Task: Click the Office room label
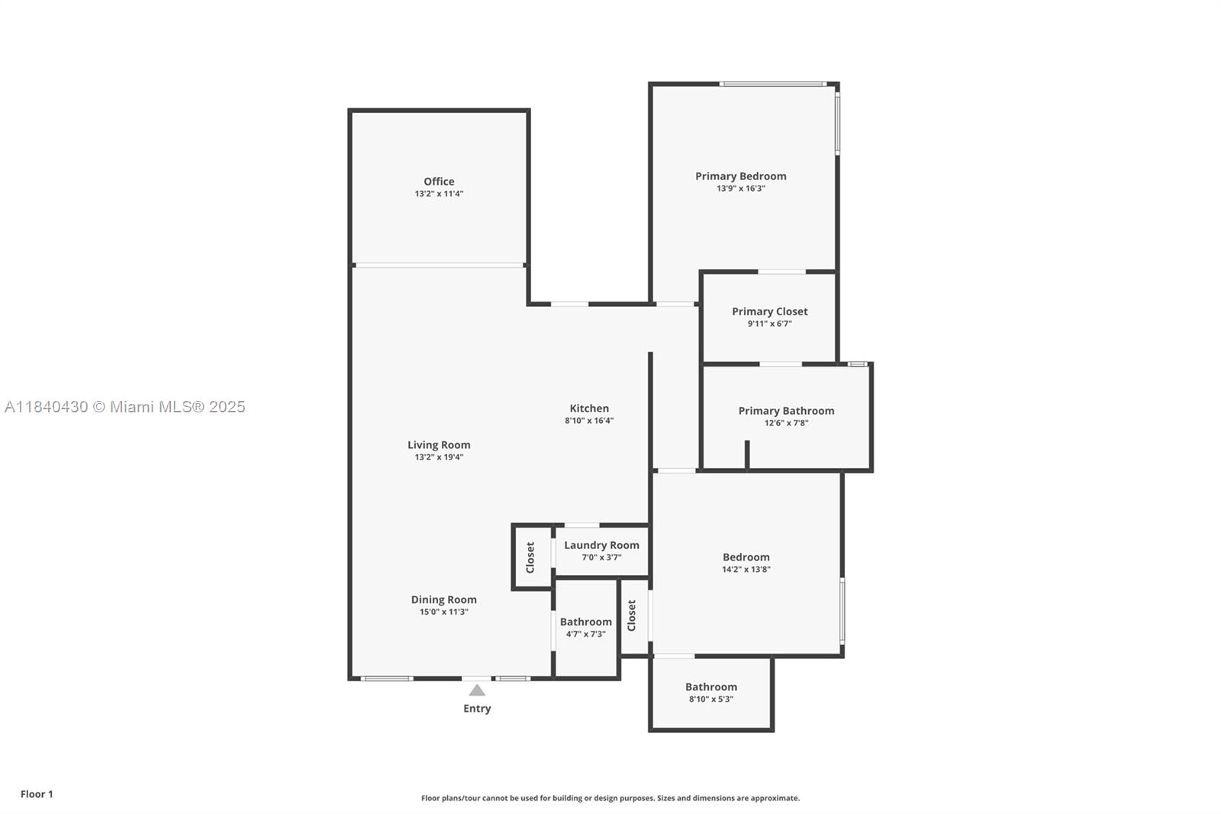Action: coord(439,182)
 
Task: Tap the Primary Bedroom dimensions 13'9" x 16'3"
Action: coord(740,189)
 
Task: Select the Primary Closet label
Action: coord(769,312)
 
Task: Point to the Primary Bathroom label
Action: coord(786,411)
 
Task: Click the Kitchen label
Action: coord(589,409)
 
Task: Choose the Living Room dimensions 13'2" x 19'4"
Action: coord(439,457)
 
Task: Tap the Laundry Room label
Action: coord(601,545)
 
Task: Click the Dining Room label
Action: coord(443,600)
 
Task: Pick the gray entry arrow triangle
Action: coord(477,690)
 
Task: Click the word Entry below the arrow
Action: coord(477,709)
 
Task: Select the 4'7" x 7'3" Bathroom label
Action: coord(585,622)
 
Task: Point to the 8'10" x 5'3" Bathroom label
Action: coord(710,687)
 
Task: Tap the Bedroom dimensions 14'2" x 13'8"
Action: coord(746,570)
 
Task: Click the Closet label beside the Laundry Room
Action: coord(530,557)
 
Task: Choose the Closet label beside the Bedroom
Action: coord(632,615)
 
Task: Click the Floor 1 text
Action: coord(37,794)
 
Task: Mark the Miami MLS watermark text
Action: coord(125,407)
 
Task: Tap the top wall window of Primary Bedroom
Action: coord(772,84)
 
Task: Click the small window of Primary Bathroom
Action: coord(857,364)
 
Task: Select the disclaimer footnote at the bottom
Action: coord(610,798)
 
